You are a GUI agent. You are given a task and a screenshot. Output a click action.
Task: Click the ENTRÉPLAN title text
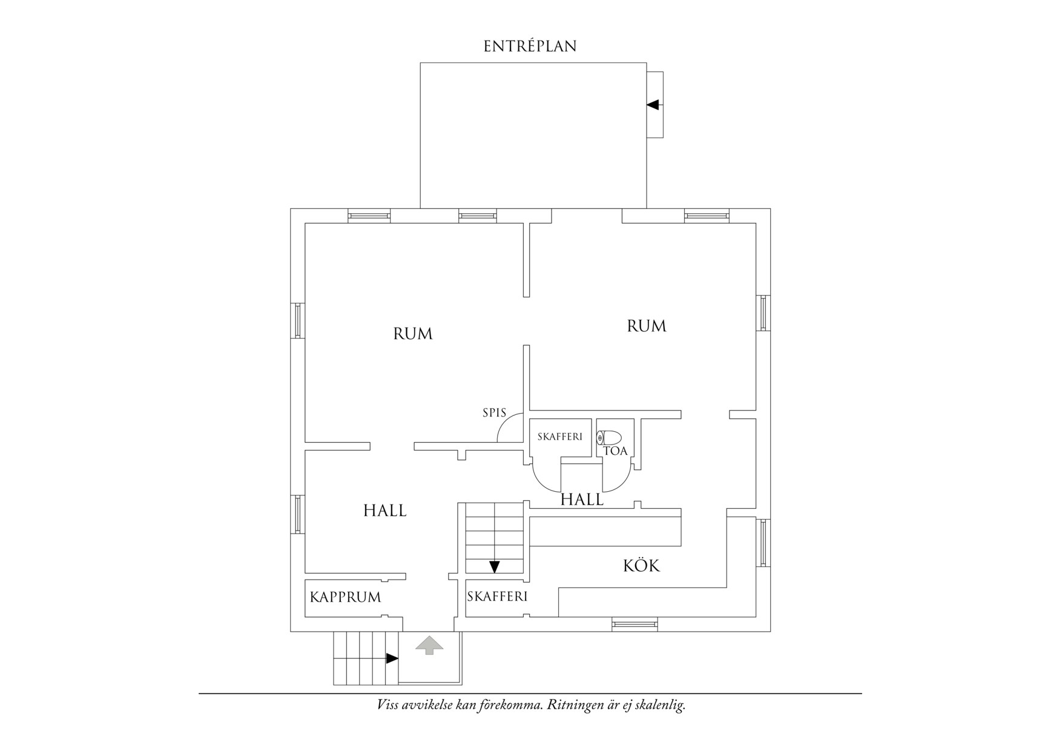pos(530,47)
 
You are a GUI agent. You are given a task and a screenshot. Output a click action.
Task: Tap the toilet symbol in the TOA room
pos(609,437)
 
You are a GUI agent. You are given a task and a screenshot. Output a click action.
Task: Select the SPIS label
pos(494,413)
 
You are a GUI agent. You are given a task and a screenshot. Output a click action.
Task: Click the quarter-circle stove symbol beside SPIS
pos(512,429)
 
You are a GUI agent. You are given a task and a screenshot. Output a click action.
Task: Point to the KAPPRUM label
pos(345,597)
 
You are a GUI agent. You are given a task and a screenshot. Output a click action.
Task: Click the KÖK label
pos(641,566)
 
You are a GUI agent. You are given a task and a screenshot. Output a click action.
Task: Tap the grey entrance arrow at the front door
pos(429,645)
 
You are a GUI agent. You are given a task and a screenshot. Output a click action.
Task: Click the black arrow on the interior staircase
pos(495,567)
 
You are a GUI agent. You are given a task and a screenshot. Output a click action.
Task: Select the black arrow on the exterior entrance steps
pos(392,658)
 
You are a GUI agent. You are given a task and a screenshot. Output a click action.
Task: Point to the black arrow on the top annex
pos(652,105)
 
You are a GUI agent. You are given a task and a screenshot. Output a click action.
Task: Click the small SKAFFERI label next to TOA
pos(560,436)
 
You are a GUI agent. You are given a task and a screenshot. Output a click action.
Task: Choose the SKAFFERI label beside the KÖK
pos(497,596)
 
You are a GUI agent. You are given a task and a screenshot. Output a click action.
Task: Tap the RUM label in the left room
pos(413,334)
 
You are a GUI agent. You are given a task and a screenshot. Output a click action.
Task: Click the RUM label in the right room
pos(646,326)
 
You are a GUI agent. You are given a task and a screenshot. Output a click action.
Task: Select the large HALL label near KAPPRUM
pos(385,511)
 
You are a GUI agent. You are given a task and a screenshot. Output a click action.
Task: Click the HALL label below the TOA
pos(582,500)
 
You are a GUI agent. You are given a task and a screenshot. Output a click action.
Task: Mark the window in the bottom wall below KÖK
pos(634,624)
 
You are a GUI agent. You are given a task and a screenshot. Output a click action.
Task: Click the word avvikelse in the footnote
pos(426,705)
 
